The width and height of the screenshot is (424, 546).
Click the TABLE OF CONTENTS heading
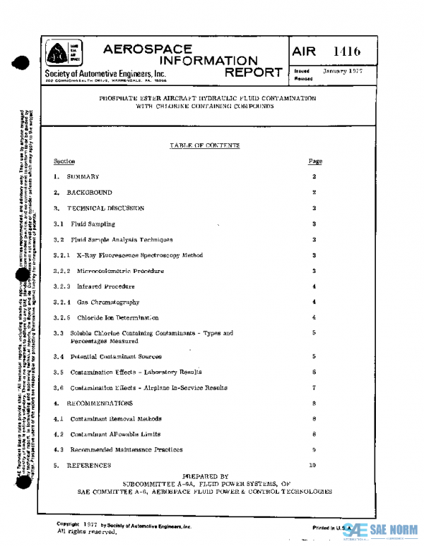[x=205, y=145]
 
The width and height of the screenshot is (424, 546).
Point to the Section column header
[x=64, y=162]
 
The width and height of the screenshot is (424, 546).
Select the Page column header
[x=315, y=162]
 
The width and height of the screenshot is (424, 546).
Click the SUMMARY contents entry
[x=83, y=177]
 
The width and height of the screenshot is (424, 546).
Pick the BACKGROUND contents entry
[x=89, y=193]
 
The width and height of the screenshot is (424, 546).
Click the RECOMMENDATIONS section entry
[x=100, y=404]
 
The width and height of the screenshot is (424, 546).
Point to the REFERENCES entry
[x=89, y=466]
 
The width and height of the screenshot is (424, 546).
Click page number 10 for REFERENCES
[x=312, y=466]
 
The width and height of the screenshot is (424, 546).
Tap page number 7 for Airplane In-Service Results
[x=314, y=388]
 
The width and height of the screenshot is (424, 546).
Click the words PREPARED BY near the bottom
[x=205, y=477]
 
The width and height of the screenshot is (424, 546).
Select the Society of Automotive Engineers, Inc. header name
[x=105, y=74]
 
